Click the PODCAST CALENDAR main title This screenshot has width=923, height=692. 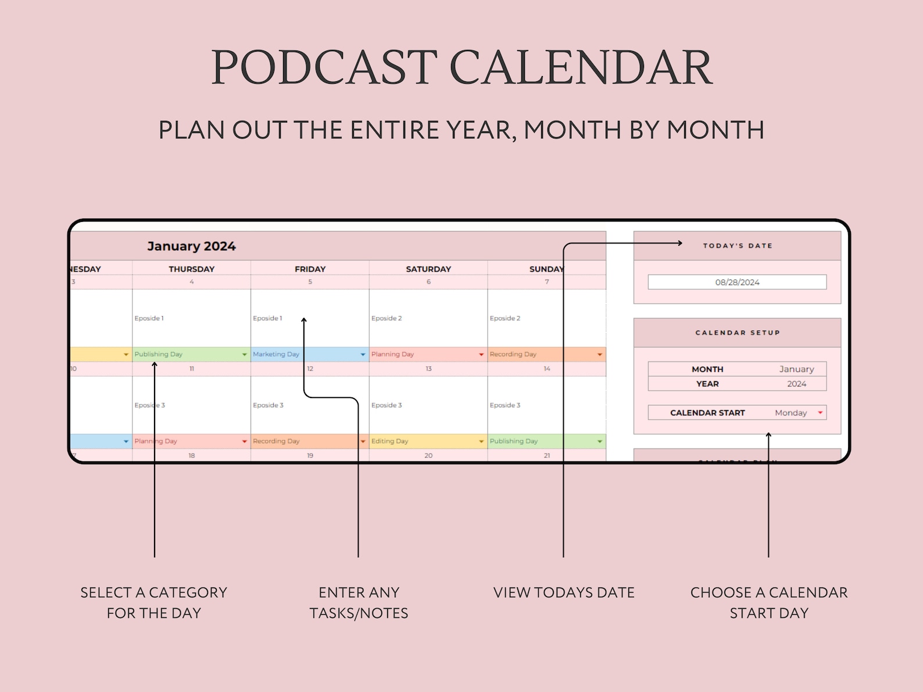462,67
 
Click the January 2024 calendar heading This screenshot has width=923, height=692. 191,246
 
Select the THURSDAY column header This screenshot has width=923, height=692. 191,269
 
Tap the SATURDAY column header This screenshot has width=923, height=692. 428,269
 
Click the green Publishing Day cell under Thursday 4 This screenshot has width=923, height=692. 186,354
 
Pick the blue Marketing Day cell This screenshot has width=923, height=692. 305,354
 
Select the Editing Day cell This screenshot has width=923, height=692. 423,442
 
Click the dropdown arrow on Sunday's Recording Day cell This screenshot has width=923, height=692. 600,354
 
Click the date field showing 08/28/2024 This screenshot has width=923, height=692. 737,282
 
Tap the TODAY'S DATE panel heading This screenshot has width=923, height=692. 737,246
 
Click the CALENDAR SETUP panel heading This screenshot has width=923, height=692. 737,333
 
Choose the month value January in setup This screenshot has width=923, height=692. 796,369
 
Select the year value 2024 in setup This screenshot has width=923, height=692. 796,384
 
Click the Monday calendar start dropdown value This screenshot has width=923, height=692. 791,413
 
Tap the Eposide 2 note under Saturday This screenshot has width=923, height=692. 387,318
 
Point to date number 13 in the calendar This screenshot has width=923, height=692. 428,369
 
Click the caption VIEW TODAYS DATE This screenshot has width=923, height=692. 564,593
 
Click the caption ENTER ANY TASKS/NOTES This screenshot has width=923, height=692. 359,603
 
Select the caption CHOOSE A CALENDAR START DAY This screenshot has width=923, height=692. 768,603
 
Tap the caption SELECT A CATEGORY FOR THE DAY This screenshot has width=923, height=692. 154,603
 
